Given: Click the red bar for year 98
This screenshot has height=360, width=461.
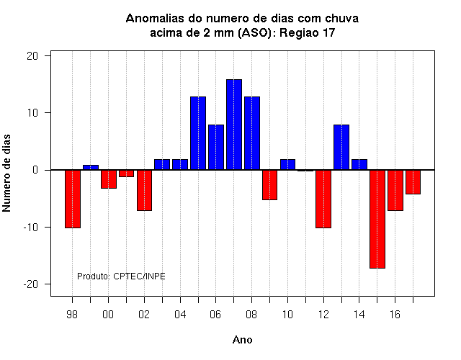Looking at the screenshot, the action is pyautogui.click(x=73, y=199).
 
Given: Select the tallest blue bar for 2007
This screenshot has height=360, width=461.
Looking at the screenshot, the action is pyautogui.click(x=234, y=125).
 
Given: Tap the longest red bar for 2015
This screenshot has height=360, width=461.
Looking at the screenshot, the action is pyautogui.click(x=377, y=219).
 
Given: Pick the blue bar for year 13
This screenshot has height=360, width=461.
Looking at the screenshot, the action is pyautogui.click(x=341, y=147).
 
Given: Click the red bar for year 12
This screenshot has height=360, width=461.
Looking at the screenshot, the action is pyautogui.click(x=323, y=199).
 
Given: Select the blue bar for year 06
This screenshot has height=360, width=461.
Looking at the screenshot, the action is pyautogui.click(x=216, y=147).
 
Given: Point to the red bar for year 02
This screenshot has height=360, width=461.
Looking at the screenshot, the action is pyautogui.click(x=144, y=190).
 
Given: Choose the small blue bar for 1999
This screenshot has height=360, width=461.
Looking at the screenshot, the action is pyautogui.click(x=91, y=168).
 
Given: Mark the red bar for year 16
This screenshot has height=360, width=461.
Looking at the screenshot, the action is pyautogui.click(x=395, y=190).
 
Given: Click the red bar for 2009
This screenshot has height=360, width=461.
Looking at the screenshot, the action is pyautogui.click(x=269, y=185).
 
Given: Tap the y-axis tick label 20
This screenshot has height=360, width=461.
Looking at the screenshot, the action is pyautogui.click(x=32, y=56).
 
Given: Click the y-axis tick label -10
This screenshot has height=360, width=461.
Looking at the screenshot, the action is pyautogui.click(x=31, y=228).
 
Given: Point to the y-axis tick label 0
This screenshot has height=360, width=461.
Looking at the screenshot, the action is pyautogui.click(x=35, y=170).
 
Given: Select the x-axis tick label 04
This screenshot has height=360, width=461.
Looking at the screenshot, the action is pyautogui.click(x=180, y=315).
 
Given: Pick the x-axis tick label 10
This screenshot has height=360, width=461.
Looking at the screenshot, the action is pyautogui.click(x=288, y=315).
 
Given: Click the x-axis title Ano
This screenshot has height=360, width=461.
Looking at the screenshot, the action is pyautogui.click(x=243, y=340).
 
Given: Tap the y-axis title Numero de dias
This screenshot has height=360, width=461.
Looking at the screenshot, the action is pyautogui.click(x=6, y=173).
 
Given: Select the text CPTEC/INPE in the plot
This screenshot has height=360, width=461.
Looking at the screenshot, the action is pyautogui.click(x=139, y=276).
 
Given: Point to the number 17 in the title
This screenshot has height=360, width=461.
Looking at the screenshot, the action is pyautogui.click(x=329, y=32).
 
